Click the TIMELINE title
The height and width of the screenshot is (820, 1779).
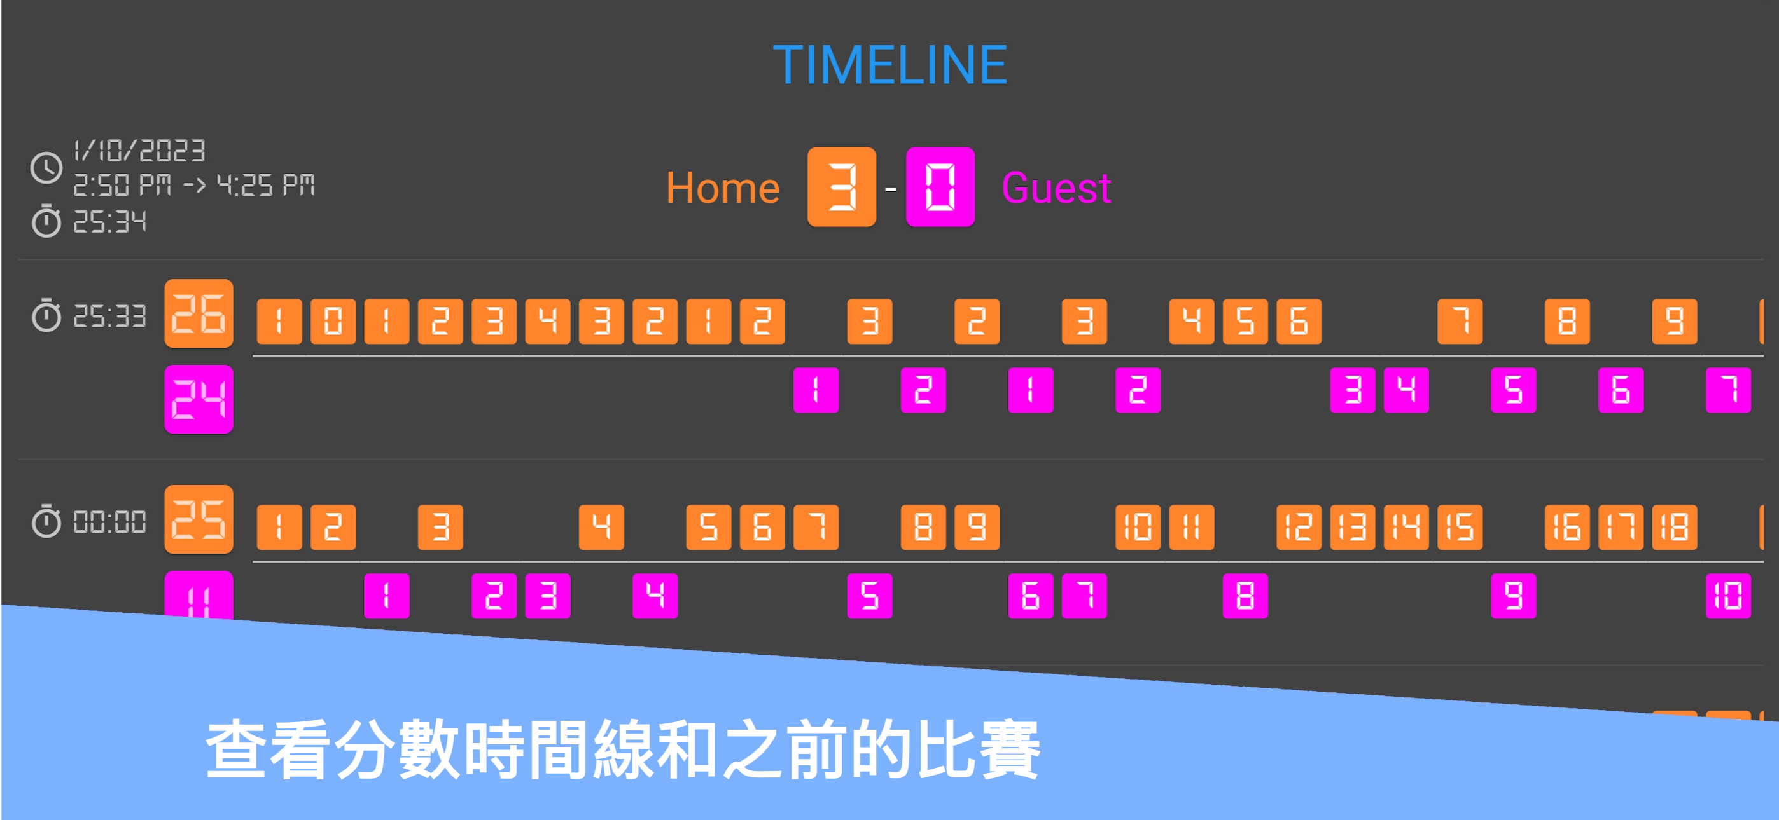(889, 65)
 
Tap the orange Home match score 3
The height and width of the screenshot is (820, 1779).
(842, 187)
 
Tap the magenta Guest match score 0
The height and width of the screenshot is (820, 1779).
(940, 187)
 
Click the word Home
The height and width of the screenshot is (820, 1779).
(722, 188)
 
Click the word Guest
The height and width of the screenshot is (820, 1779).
(1056, 188)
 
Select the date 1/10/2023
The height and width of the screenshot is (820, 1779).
(139, 151)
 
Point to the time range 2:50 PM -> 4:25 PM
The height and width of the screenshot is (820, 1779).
(193, 185)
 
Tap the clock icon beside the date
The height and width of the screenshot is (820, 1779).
(46, 168)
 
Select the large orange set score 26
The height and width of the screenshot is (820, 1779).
(199, 313)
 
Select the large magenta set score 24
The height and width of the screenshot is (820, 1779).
(199, 399)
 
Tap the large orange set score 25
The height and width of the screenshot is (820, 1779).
(199, 519)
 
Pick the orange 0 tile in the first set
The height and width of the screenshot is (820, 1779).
(333, 321)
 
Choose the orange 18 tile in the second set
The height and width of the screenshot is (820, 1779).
(1674, 528)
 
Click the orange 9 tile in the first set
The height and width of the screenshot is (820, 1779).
(1674, 321)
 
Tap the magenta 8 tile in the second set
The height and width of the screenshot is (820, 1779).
(1245, 596)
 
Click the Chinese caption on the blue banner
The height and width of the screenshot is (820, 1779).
(623, 749)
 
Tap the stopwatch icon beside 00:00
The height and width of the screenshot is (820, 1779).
(46, 521)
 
